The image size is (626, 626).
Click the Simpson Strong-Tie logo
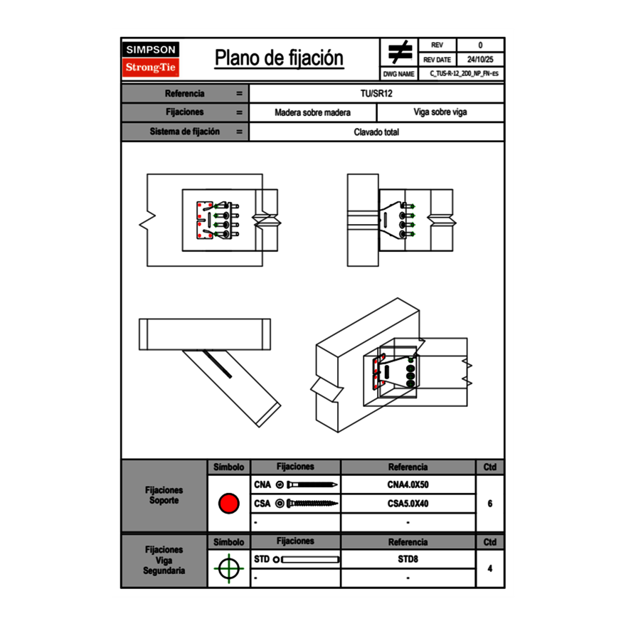[x=151, y=59]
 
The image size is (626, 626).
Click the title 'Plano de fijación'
[x=279, y=58]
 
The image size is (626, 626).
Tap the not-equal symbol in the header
[x=400, y=53]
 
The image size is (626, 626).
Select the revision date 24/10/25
[x=480, y=60]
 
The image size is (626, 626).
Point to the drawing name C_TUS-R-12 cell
[x=461, y=73]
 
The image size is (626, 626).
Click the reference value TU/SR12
[x=376, y=93]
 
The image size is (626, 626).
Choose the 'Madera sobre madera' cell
[x=312, y=112]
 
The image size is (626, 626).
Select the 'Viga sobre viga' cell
[x=440, y=112]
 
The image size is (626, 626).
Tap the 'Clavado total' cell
[x=376, y=132]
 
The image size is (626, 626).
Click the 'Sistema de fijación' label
[x=185, y=132]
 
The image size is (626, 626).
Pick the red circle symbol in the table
[x=229, y=504]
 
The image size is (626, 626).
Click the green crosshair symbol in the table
[x=229, y=568]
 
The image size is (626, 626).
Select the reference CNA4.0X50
[x=408, y=484]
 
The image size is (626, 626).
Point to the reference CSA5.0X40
[x=408, y=504]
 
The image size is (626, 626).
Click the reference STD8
[x=408, y=559]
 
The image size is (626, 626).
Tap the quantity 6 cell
[x=490, y=504]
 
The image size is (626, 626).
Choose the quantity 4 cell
[x=490, y=568]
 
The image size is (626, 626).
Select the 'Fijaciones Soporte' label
[x=164, y=495]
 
